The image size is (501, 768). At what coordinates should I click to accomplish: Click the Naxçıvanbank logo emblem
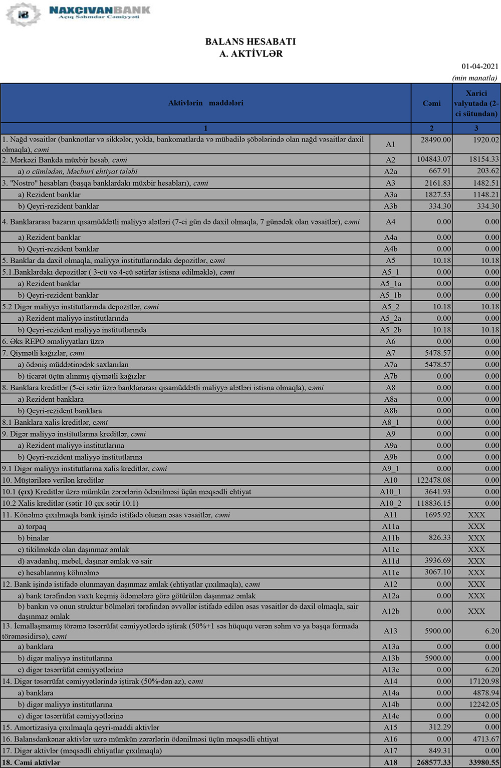(23, 15)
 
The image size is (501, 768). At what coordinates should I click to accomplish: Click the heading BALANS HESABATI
(250, 42)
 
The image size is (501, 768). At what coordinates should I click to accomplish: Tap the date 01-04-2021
(480, 67)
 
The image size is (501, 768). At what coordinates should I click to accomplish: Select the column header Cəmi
(431, 103)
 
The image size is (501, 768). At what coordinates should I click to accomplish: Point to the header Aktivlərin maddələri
(205, 103)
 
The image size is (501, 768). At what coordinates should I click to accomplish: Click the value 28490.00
(436, 140)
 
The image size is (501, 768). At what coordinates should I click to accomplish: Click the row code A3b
(390, 206)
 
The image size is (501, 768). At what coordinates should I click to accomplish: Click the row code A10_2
(390, 503)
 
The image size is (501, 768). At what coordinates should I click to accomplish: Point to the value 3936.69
(437, 561)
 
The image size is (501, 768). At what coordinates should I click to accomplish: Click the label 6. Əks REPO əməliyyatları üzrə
(53, 342)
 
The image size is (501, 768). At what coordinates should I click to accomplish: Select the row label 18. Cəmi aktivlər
(31, 762)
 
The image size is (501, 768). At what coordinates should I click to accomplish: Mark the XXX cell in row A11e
(476, 572)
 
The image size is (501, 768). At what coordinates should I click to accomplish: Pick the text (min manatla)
(474, 78)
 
